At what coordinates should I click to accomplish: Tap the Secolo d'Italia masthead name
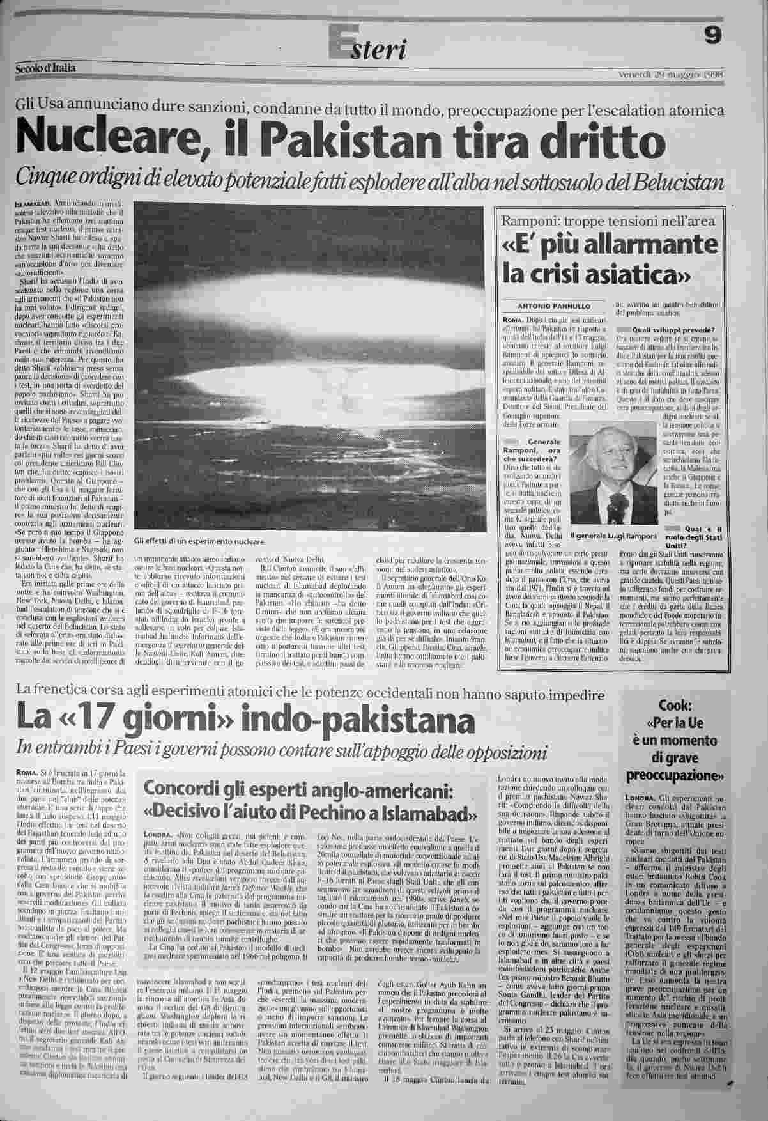46,68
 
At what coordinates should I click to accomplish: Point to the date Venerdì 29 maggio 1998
670,73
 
